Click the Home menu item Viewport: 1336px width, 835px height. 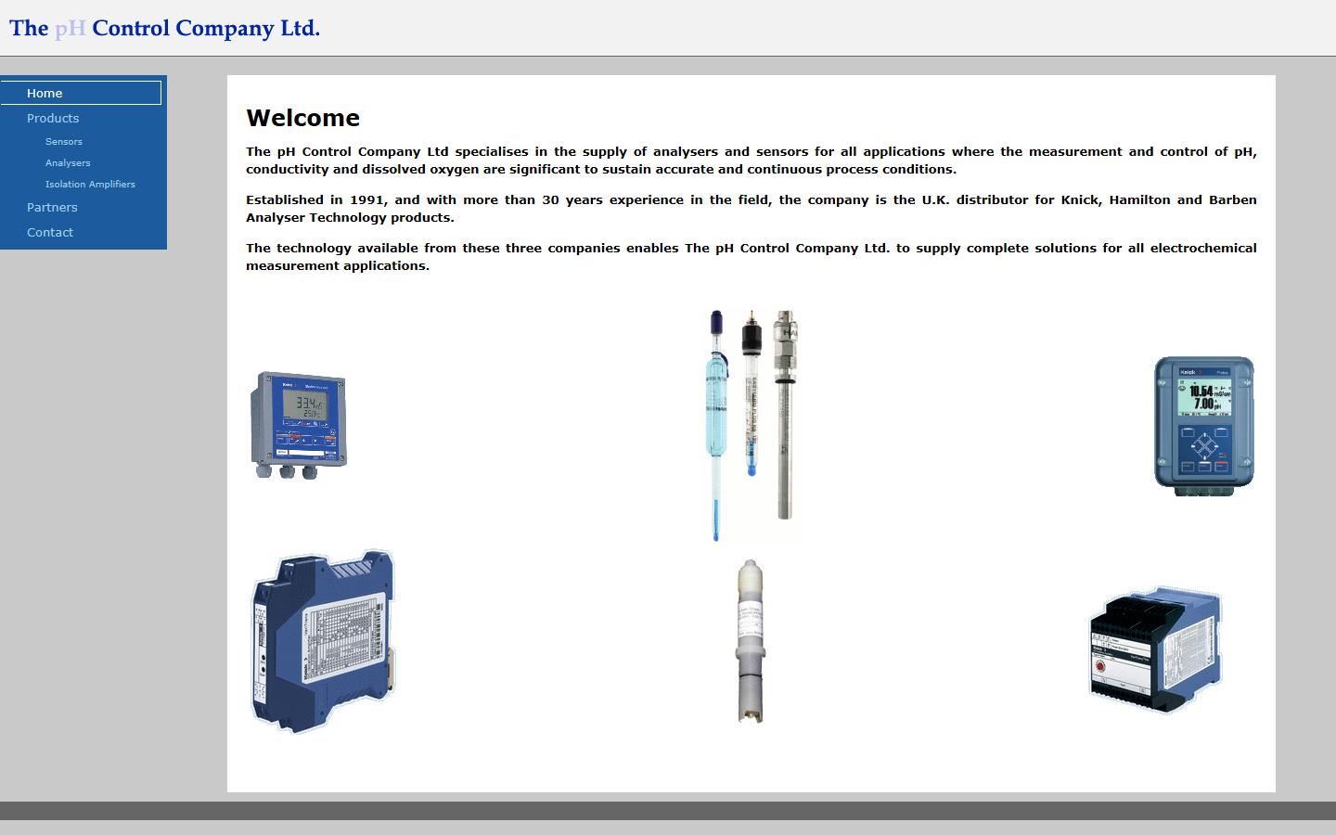pos(45,93)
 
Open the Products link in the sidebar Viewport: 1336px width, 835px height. pos(53,118)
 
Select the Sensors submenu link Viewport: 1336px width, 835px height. pos(64,141)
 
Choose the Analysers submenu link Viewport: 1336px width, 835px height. pos(68,162)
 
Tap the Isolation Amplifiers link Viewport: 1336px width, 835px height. pos(90,184)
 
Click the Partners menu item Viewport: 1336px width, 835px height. pos(52,207)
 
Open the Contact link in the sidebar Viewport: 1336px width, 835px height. pos(50,232)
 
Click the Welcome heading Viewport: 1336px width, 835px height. pos(302,118)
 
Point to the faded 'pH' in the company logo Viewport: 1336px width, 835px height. pos(70,28)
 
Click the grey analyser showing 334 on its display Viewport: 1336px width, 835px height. pos(299,424)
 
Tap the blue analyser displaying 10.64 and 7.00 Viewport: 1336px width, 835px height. pos(1203,425)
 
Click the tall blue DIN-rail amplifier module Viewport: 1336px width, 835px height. pos(322,641)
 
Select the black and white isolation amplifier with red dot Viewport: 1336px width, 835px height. pos(1155,649)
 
